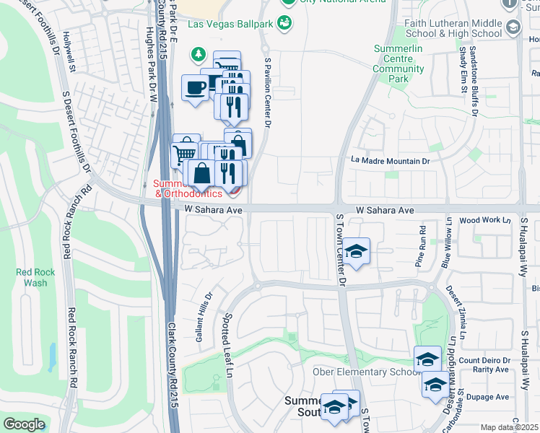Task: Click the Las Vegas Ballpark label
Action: click(x=230, y=24)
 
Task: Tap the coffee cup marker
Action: click(x=196, y=88)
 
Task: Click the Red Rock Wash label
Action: click(x=32, y=277)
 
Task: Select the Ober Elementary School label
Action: click(x=364, y=372)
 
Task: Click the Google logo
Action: click(x=24, y=424)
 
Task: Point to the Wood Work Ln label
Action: click(x=479, y=219)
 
